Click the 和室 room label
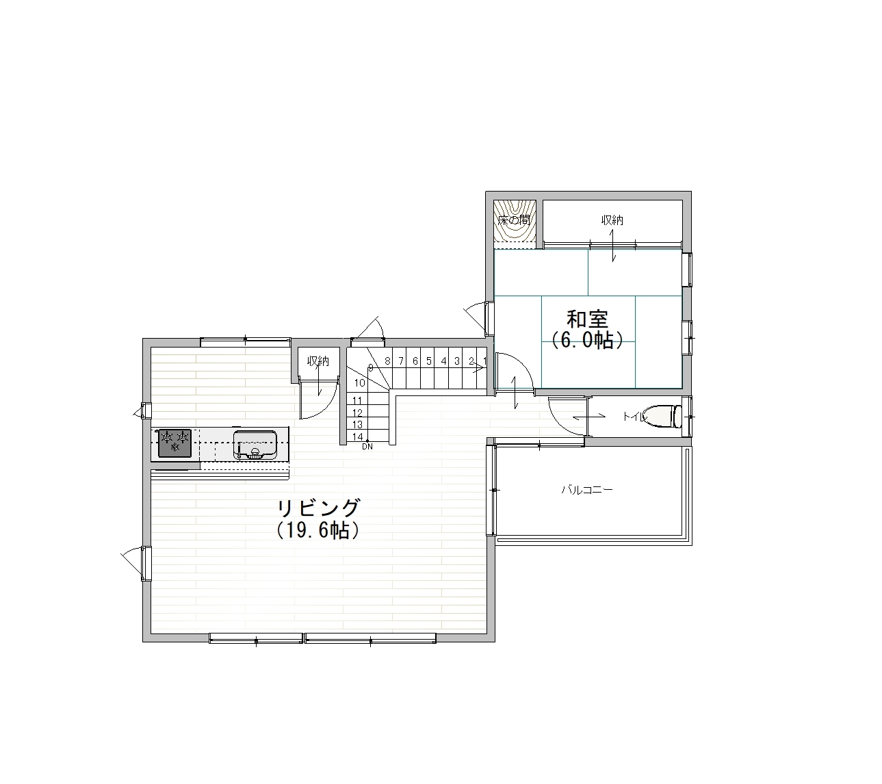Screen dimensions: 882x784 click(x=587, y=319)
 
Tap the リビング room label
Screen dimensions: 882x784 click(x=319, y=508)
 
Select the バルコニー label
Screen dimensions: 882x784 click(x=587, y=490)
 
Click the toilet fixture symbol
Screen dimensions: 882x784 click(x=662, y=416)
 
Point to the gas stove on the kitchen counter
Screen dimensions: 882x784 click(x=174, y=443)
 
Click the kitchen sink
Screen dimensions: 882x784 click(x=255, y=445)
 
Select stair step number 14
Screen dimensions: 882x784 click(x=357, y=436)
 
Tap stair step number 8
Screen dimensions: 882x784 click(x=387, y=361)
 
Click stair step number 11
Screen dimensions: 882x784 click(x=357, y=400)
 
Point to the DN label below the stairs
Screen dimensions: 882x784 click(x=367, y=447)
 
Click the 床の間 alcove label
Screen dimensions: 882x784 click(x=514, y=220)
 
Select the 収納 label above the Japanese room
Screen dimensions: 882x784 click(x=612, y=220)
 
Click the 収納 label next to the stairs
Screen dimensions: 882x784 click(x=317, y=361)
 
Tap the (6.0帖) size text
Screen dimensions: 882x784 click(x=587, y=340)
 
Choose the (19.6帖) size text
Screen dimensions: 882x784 click(x=318, y=530)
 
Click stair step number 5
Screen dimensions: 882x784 click(x=429, y=361)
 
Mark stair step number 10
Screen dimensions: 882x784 click(x=360, y=383)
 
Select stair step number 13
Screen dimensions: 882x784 click(x=357, y=424)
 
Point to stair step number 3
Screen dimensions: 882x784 click(x=457, y=361)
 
